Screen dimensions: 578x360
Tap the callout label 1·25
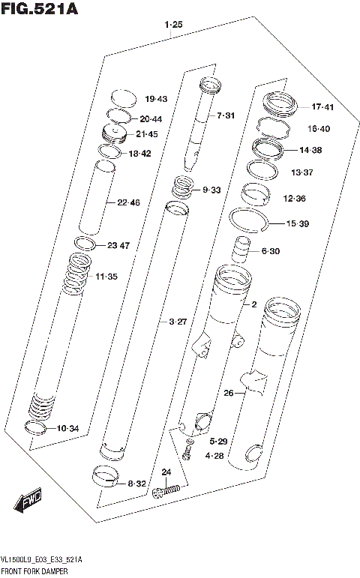coord(173,25)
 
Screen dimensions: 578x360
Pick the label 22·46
coord(129,202)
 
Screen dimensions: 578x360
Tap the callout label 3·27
coord(178,322)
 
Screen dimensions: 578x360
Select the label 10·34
coord(67,429)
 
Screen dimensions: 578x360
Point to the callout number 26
coord(229,393)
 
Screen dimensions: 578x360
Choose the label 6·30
coord(270,251)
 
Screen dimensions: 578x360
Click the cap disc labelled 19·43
coord(123,98)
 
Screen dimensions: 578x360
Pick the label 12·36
coord(294,199)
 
